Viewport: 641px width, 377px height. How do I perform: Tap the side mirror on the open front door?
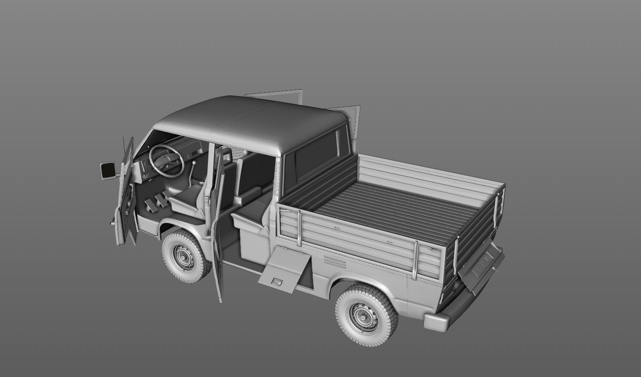click(108, 170)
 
